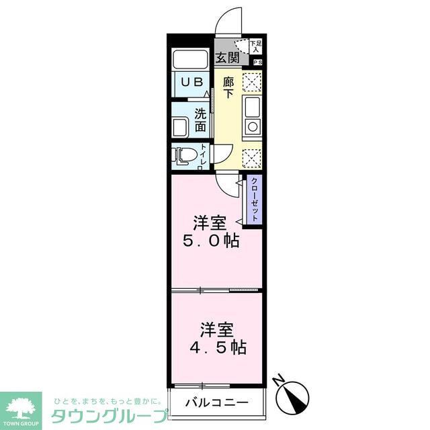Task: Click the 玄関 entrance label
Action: tap(227, 58)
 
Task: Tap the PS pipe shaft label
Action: tap(257, 62)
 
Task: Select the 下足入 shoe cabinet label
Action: tap(256, 46)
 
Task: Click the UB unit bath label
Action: tap(191, 81)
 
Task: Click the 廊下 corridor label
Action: tap(228, 87)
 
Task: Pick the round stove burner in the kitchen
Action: tap(252, 126)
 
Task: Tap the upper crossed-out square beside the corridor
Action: tap(251, 82)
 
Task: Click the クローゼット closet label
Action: tap(255, 200)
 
